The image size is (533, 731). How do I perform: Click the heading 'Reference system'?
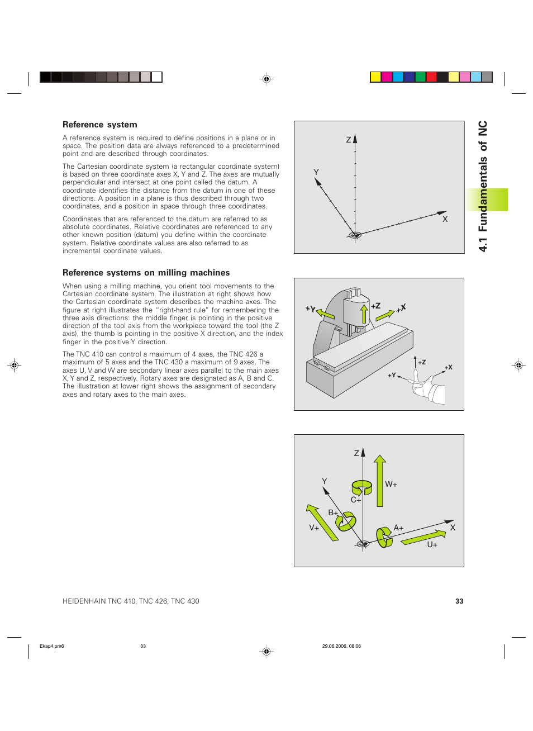click(x=99, y=125)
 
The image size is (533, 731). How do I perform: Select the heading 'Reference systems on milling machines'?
click(x=146, y=273)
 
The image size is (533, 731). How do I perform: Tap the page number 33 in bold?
click(x=459, y=601)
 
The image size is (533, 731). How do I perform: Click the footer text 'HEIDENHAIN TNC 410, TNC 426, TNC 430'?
click(x=131, y=601)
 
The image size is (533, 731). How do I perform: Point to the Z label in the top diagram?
click(x=349, y=140)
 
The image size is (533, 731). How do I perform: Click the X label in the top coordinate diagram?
click(x=445, y=220)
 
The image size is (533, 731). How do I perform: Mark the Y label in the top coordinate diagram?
click(x=316, y=172)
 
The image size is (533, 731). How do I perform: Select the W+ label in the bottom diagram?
click(x=391, y=485)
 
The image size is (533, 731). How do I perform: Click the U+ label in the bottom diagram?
click(x=432, y=545)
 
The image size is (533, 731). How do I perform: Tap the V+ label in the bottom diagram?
click(x=314, y=528)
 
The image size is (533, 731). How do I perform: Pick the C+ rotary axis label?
click(x=356, y=500)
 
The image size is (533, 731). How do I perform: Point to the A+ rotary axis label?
click(x=398, y=528)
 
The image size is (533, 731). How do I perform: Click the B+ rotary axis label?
click(x=333, y=512)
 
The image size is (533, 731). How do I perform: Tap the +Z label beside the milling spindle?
click(x=375, y=306)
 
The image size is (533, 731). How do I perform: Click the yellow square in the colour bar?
click(x=376, y=77)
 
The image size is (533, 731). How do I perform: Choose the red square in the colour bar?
click(x=431, y=77)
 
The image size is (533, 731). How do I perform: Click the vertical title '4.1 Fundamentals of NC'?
click(x=483, y=186)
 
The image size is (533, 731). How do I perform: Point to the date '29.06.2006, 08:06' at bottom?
click(x=341, y=646)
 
